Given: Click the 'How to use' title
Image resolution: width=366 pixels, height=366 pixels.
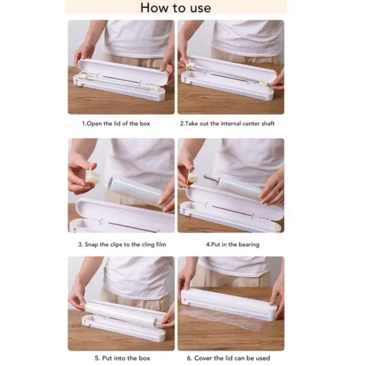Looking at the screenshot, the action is click(176, 8).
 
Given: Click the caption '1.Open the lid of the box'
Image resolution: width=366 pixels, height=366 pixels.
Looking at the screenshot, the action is click(116, 124).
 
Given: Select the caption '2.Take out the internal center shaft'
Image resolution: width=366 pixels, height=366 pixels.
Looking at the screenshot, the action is click(227, 124).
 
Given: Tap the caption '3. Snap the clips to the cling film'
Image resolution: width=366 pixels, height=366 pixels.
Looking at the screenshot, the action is click(122, 244).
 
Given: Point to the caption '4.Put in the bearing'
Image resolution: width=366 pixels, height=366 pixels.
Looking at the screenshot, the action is click(232, 244).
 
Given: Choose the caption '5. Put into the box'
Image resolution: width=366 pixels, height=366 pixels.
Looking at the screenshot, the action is click(122, 358).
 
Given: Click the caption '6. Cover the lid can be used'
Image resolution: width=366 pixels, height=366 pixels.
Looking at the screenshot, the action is click(228, 358).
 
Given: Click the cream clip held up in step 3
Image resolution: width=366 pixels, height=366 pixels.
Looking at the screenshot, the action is click(93, 176).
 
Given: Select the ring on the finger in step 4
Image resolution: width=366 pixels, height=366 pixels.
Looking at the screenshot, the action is click(278, 187).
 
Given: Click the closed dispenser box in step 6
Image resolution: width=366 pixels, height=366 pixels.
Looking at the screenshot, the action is click(229, 303).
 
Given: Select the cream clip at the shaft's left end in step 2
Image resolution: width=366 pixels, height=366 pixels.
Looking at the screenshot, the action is click(189, 65).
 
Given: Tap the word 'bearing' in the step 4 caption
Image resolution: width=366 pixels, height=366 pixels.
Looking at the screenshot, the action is click(250, 245).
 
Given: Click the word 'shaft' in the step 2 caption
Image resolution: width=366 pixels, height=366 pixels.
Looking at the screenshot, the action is click(268, 124).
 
